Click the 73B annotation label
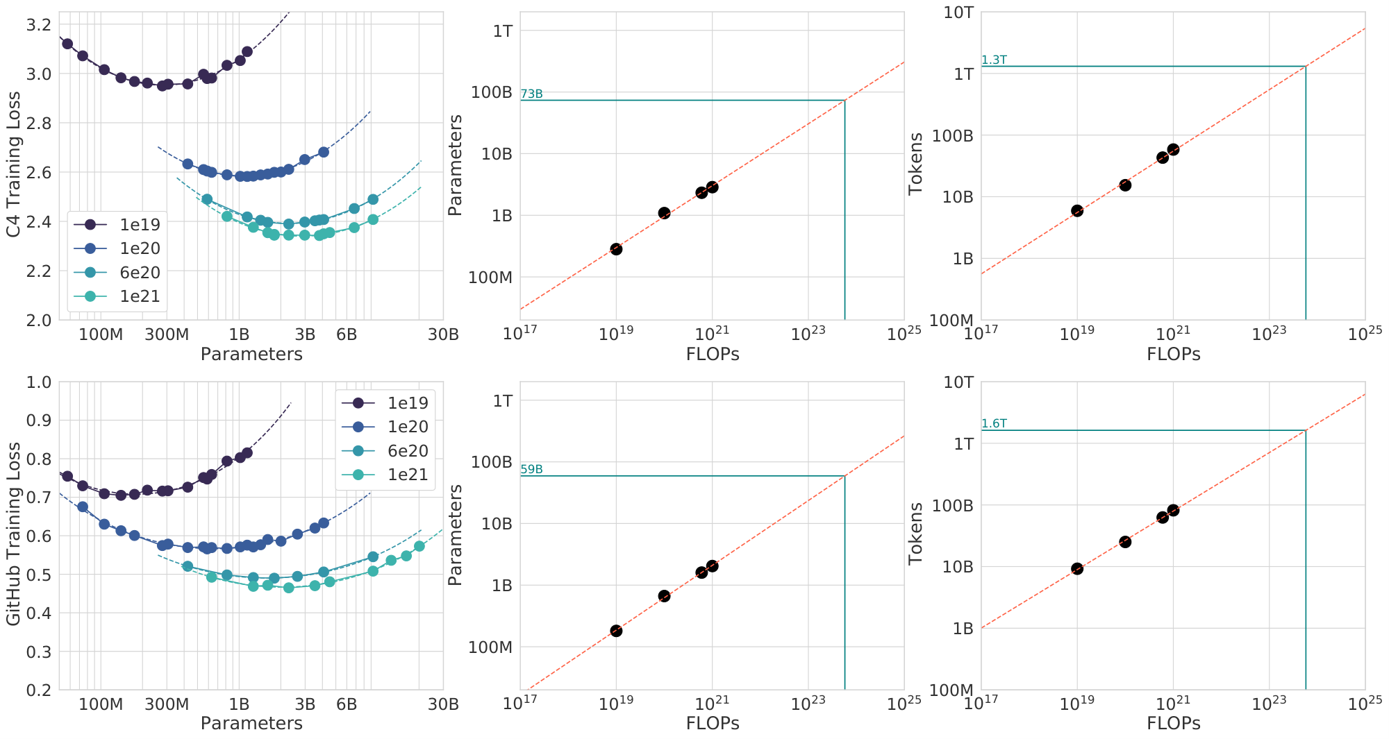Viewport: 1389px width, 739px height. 531,94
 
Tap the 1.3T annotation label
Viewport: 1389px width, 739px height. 994,60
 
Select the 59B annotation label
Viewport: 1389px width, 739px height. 531,470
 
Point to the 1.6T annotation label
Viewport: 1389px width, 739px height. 994,424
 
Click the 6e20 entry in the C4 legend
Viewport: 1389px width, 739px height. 140,273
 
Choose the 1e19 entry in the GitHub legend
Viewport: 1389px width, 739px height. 408,403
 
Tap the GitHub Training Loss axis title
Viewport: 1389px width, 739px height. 14,534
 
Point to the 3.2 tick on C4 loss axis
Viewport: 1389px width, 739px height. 38,25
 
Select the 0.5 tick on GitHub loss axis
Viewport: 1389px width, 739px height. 38,575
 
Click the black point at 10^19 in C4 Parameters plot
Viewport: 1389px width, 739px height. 616,249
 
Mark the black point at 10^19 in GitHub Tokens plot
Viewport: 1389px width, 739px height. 1077,569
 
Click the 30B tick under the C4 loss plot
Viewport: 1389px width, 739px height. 443,335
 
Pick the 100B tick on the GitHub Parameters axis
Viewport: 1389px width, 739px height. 492,462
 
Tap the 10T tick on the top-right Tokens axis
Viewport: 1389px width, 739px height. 958,12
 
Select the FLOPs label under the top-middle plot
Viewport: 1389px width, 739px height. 712,354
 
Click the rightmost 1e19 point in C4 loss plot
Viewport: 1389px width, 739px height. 247,52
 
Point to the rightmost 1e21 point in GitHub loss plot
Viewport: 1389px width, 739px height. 419,547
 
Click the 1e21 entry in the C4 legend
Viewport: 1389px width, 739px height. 140,297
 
